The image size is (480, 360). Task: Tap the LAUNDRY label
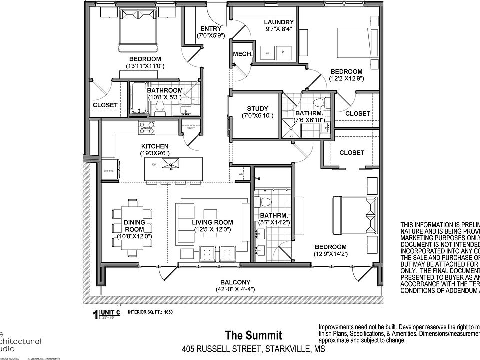coord(279,22)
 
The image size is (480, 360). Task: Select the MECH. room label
coord(242,54)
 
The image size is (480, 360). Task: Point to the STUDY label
coord(257,109)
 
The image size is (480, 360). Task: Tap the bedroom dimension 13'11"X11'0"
coord(145,66)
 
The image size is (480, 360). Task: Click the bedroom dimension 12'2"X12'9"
coord(346,78)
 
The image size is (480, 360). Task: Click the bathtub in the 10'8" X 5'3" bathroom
coord(137,98)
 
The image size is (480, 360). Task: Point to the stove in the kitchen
coord(146,127)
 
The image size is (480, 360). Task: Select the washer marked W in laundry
coord(267,52)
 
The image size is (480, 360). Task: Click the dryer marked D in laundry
coord(283,52)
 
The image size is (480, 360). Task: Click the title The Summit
coord(253,335)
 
